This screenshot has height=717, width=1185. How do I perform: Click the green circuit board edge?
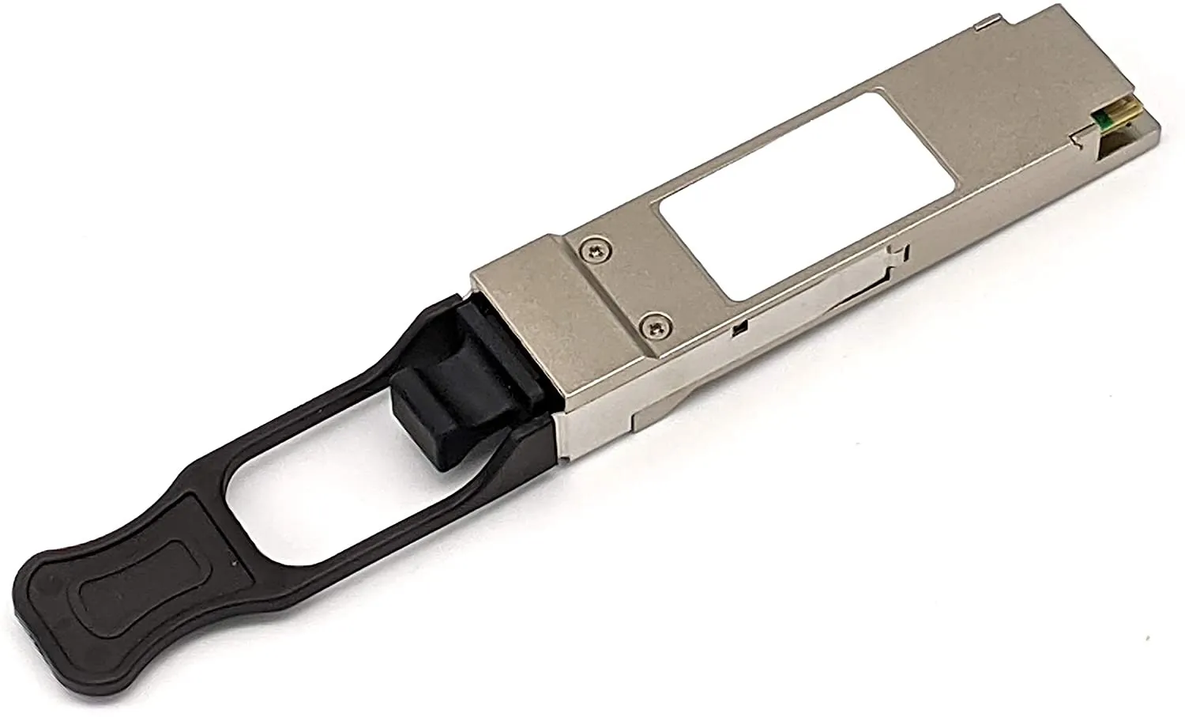(x=1100, y=119)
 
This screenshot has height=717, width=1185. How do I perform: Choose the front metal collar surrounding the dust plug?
(x=521, y=348)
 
